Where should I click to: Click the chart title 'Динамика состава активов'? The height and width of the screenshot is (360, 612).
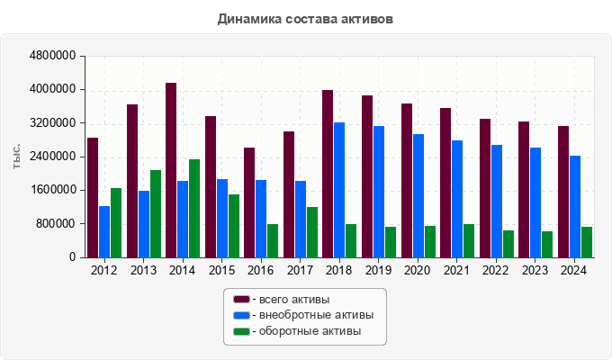(305, 18)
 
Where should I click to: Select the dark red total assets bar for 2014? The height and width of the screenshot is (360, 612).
(171, 170)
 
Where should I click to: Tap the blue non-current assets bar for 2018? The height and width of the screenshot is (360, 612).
(339, 190)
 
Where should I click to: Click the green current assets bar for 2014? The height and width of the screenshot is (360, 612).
(194, 208)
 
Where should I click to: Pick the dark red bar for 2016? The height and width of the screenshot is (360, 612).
(249, 202)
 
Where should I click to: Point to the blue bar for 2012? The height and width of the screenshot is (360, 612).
(104, 231)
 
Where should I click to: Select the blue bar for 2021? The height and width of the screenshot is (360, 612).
(457, 199)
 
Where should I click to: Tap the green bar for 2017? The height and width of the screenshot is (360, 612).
(312, 232)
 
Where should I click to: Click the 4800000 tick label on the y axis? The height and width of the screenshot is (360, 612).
(53, 56)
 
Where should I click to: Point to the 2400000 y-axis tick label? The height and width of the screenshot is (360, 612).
(53, 157)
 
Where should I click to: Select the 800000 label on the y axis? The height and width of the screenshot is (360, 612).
(56, 223)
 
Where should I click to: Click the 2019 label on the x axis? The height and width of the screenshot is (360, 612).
(378, 270)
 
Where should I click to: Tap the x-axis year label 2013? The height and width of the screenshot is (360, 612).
(143, 270)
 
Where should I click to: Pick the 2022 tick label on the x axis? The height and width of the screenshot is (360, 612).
(496, 270)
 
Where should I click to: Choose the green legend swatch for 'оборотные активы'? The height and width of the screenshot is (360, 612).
(240, 331)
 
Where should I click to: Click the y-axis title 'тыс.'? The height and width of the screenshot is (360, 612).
(17, 157)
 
